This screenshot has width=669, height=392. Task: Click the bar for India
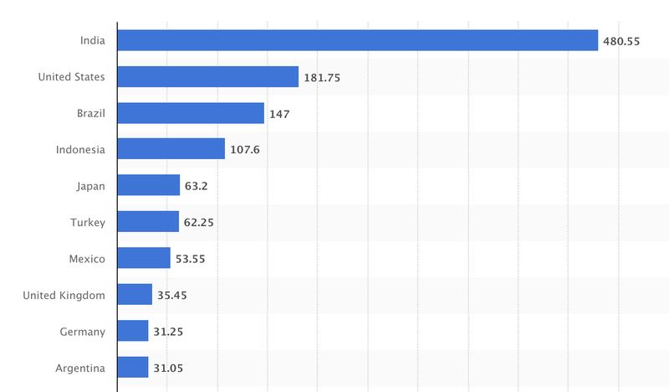pos(358,40)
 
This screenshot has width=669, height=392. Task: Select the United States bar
pos(208,77)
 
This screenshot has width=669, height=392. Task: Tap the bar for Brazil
pos(191,113)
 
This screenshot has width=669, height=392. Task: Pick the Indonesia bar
pos(171,149)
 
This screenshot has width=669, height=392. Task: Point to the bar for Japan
pos(149,185)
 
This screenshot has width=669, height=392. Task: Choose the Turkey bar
pos(148,222)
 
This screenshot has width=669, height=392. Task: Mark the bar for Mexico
pos(144,258)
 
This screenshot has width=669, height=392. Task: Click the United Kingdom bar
pos(135,295)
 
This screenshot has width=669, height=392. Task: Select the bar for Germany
pos(133,331)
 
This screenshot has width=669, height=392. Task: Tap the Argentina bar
pos(133,367)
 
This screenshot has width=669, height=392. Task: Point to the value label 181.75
pos(322,77)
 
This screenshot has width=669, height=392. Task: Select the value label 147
pos(279,114)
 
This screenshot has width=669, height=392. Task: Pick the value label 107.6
pos(245,150)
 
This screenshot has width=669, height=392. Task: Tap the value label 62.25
pos(201,222)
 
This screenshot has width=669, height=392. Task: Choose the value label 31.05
pos(168,368)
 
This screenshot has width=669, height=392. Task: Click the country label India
pos(92,40)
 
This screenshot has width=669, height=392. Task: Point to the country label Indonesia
pos(80,149)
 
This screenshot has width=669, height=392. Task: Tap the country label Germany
pos(83,331)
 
